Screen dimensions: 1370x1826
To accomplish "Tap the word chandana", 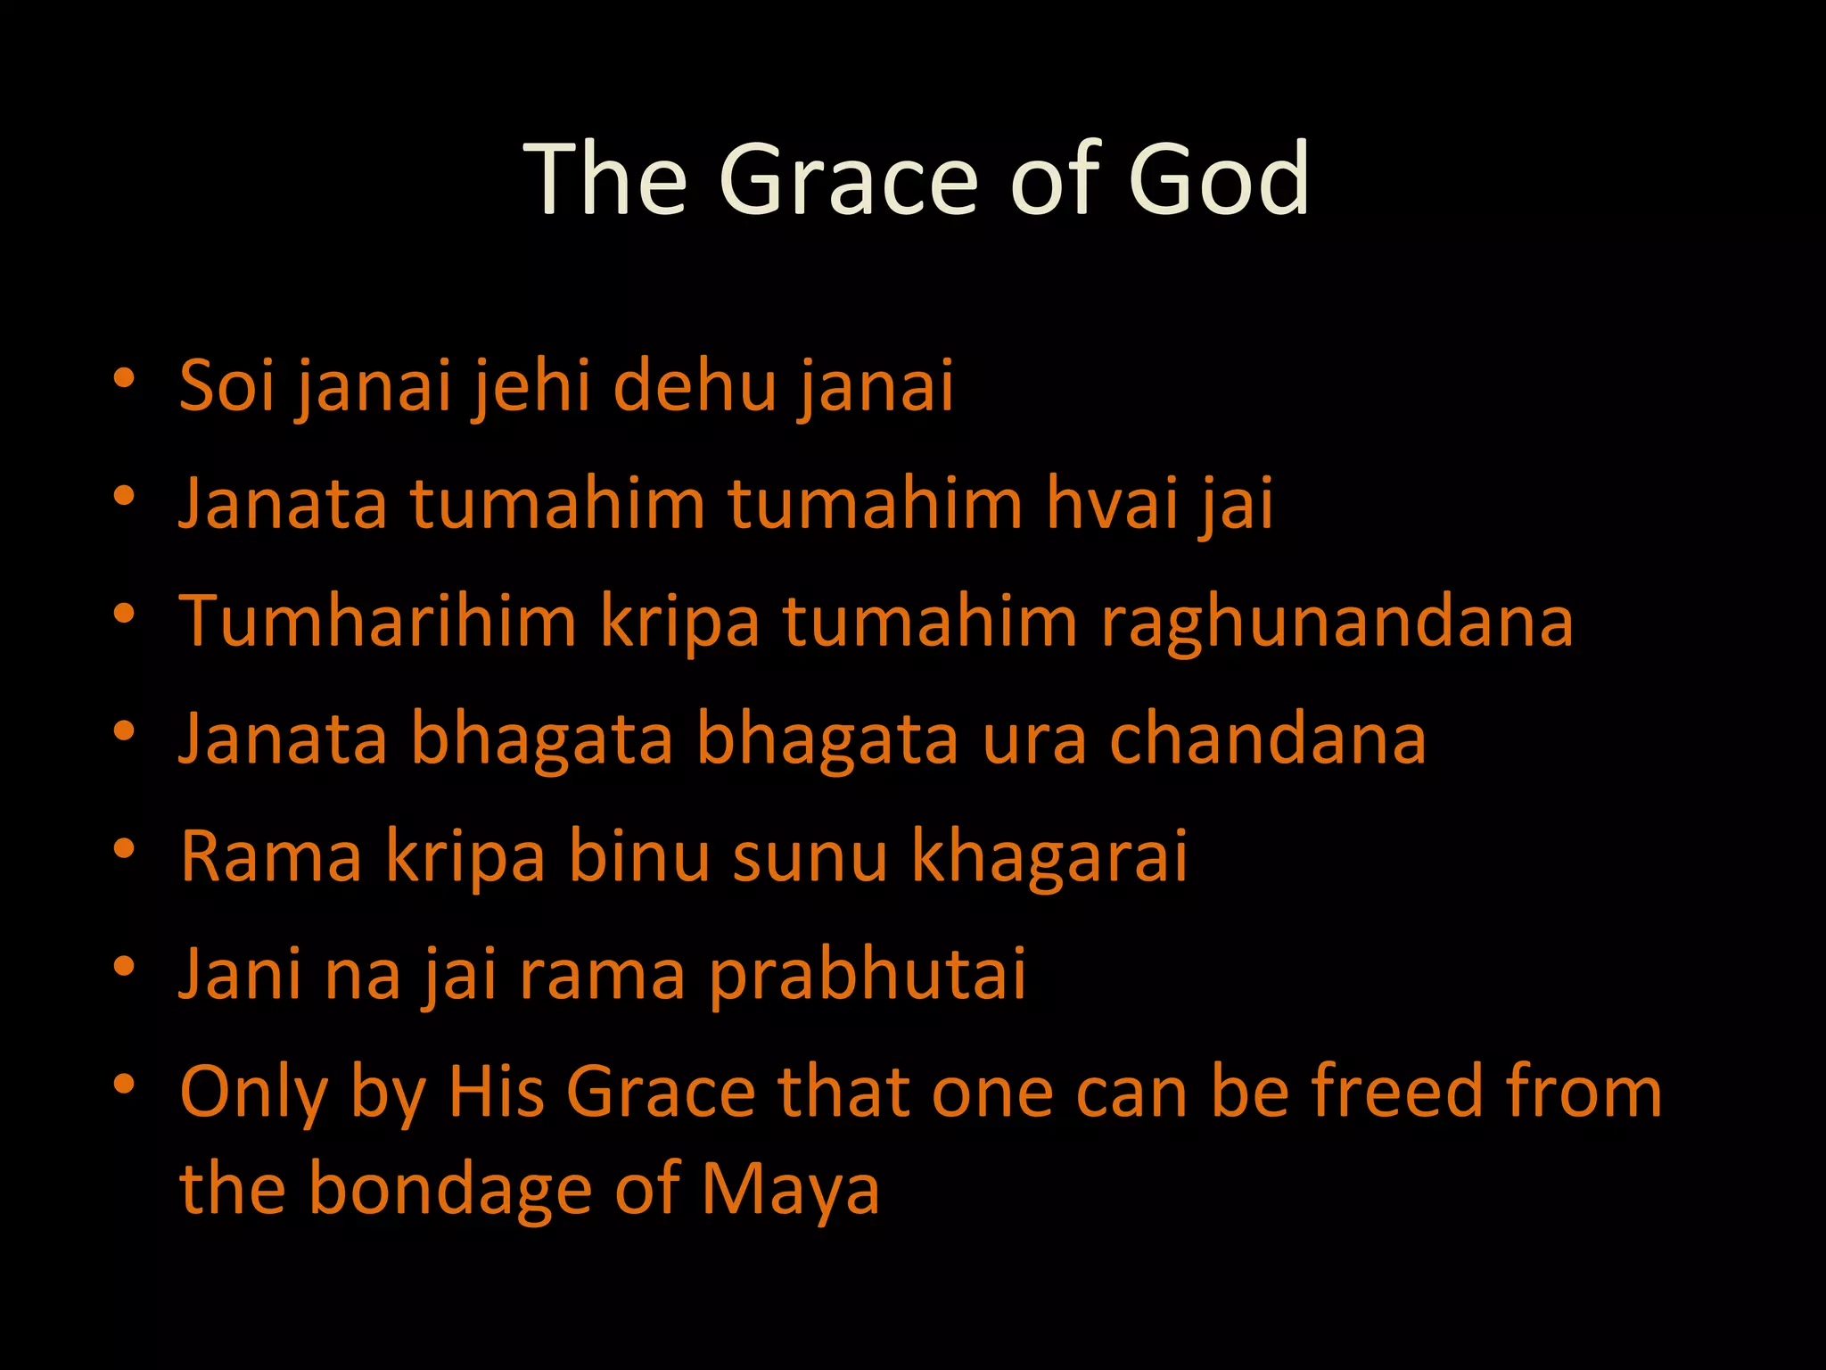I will pos(1267,739).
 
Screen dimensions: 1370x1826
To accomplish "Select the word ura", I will pos(1034,740).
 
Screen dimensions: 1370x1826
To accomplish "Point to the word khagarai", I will pos(1049,856).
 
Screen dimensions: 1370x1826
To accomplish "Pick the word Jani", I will pos(241,974).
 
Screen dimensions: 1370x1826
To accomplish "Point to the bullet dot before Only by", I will pos(124,1084).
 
